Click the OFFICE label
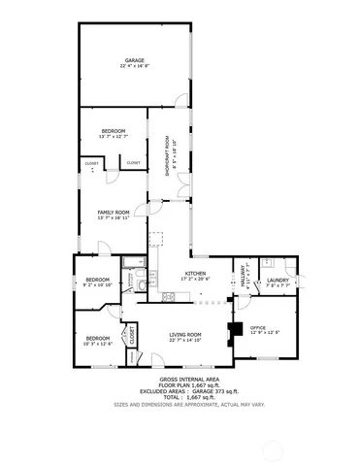click(x=258, y=327)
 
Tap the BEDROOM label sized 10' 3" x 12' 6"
click(x=98, y=337)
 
